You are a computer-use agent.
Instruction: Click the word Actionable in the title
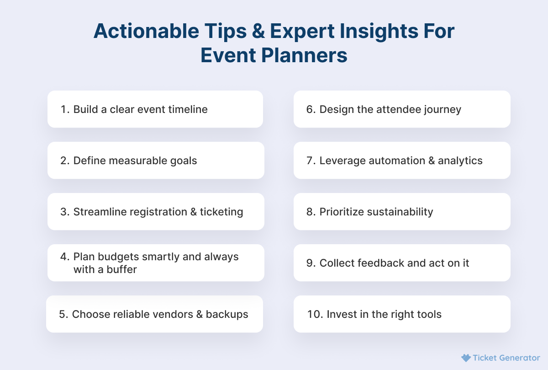tap(146, 31)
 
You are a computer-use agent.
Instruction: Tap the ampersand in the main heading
tap(258, 31)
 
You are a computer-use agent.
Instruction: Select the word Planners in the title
tap(304, 55)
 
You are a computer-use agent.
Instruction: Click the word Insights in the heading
tap(379, 32)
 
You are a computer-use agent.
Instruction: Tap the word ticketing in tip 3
tap(221, 212)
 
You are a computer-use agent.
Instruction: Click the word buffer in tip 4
tap(121, 269)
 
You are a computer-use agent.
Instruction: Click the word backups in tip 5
tap(227, 315)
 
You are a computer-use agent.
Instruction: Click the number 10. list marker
tap(315, 314)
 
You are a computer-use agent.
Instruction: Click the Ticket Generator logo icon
tap(466, 358)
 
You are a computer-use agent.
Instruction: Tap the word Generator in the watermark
tap(519, 358)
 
